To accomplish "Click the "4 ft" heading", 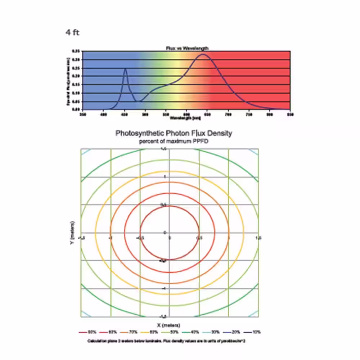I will (72, 33).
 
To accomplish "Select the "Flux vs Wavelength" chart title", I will (187, 48).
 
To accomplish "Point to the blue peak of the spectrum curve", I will (125, 69).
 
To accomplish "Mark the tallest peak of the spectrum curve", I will (203, 54).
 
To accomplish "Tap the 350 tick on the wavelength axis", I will (83, 114).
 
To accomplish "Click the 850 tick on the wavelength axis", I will (290, 114).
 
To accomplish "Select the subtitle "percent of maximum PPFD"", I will (174, 141).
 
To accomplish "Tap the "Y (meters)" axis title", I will (73, 232).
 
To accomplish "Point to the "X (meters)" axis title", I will (169, 325).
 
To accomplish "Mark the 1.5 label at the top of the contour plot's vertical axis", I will (163, 149).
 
